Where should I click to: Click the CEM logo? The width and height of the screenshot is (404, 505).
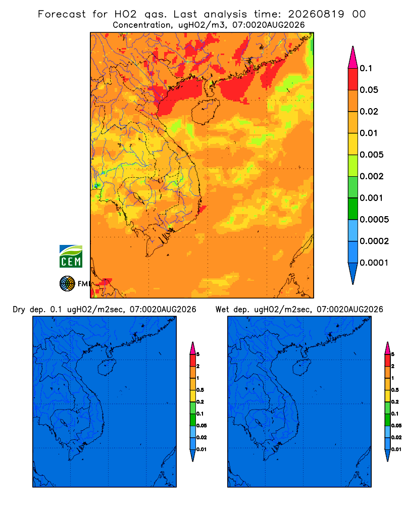click(71, 256)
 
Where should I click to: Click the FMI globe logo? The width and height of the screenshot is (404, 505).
click(67, 283)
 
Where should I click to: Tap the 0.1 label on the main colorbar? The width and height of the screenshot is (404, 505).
click(366, 68)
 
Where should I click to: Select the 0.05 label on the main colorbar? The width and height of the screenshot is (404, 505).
click(369, 90)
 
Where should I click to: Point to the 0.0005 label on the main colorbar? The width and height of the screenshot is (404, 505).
click(374, 220)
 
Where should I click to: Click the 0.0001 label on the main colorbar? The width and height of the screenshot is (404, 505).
click(374, 263)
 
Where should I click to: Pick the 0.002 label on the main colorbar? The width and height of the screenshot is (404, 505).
click(372, 176)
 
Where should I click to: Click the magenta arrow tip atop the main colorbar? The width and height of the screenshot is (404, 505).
click(353, 57)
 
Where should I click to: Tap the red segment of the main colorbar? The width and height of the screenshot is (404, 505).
click(353, 79)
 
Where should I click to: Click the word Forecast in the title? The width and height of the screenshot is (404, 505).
click(62, 14)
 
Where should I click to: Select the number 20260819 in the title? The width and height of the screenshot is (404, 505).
click(316, 14)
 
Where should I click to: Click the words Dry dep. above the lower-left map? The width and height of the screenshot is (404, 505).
click(29, 310)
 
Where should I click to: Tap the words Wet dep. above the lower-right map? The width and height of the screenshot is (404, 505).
click(232, 310)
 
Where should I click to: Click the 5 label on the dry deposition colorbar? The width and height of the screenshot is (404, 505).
click(198, 355)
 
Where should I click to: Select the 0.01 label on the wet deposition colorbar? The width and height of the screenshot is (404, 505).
click(396, 449)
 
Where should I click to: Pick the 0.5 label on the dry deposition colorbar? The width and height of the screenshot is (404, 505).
click(200, 390)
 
